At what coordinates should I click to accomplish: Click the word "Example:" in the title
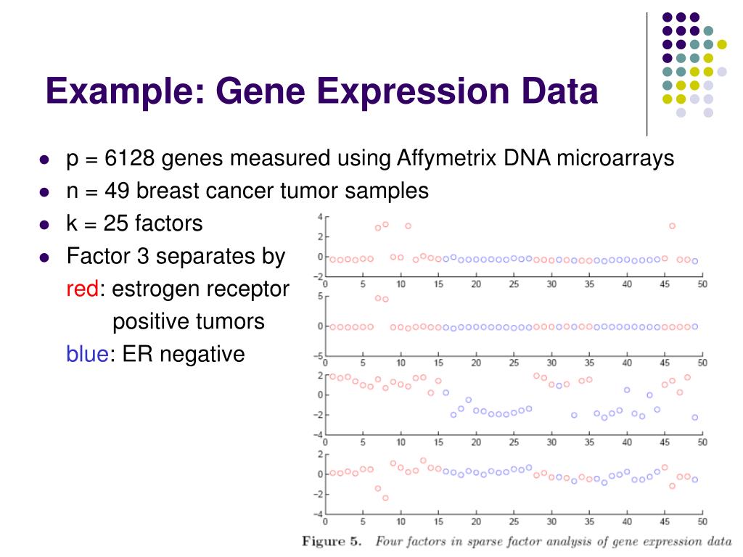pos(123,93)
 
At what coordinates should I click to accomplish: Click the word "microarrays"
pos(616,158)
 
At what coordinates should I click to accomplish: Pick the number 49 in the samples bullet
pos(118,191)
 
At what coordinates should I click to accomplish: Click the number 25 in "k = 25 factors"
pos(118,223)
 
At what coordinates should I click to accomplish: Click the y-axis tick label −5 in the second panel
pos(317,356)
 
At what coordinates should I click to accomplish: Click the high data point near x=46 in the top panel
pos(672,226)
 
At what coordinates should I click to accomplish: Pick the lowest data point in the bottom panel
pos(385,498)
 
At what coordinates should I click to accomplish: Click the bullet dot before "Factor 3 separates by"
pos(44,257)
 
